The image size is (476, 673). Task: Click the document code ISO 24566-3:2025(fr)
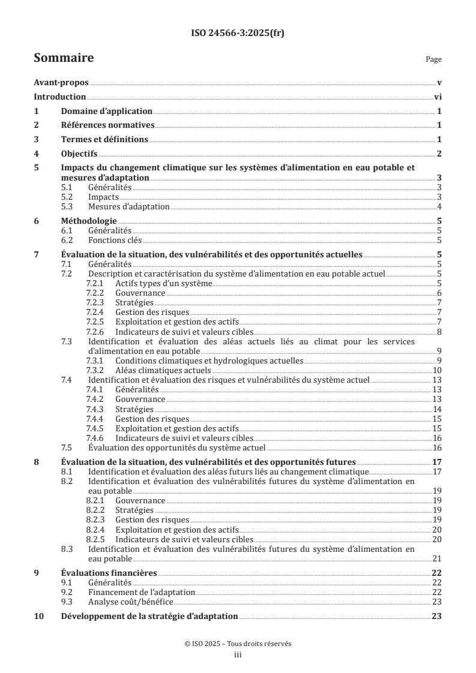238,33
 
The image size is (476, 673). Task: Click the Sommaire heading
63,58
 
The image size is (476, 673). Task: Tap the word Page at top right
433,59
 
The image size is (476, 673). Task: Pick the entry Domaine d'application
106,111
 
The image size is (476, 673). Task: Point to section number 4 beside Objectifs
37,154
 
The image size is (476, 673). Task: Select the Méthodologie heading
89,221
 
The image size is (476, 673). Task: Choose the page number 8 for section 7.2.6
439,332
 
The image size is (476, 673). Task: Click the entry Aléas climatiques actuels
154,370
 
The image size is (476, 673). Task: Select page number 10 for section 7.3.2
438,370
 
